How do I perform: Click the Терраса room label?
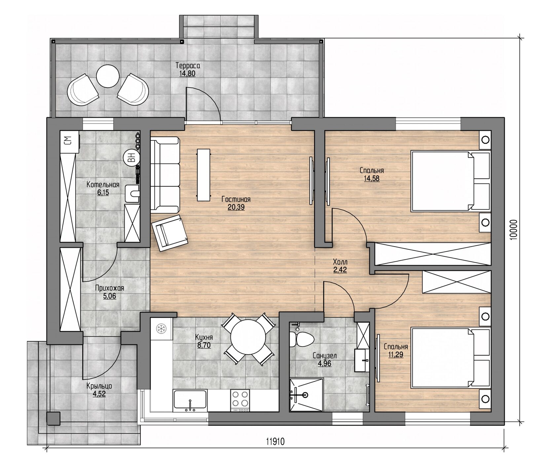click(x=188, y=65)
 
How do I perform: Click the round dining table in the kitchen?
click(x=248, y=338)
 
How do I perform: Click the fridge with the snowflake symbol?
click(x=162, y=329)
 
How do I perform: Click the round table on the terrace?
click(x=108, y=76)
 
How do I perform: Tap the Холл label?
click(x=340, y=263)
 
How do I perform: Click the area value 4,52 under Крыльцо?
click(x=99, y=394)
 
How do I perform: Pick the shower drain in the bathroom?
click(x=306, y=394)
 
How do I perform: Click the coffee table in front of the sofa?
click(x=203, y=175)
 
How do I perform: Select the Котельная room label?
click(x=103, y=185)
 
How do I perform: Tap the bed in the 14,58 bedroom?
click(x=450, y=181)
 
